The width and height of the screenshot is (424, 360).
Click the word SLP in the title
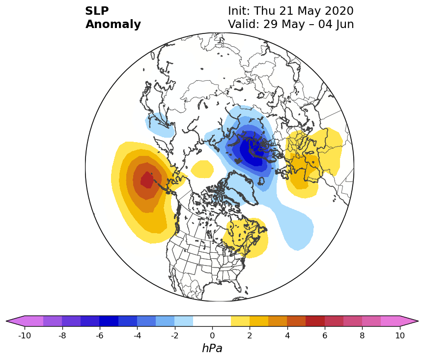point(97,11)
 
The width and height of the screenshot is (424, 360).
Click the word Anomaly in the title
point(113,25)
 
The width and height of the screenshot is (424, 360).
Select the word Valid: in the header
point(244,25)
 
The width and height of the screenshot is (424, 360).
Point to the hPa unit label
point(212,348)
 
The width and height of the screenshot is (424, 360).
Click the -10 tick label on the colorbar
point(25,335)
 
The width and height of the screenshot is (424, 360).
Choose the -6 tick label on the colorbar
point(100,335)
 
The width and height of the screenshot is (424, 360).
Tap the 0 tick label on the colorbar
point(212,335)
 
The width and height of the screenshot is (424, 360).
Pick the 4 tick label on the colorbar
point(287,335)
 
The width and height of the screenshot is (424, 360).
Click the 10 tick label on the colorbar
point(400,335)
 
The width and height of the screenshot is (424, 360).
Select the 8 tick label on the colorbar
point(363,335)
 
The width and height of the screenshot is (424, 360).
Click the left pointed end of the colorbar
point(6,321)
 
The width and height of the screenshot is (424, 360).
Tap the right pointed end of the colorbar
point(418,321)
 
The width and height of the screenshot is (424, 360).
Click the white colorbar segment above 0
point(212,321)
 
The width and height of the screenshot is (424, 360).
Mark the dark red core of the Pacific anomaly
point(147,180)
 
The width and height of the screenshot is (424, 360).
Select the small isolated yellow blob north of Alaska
point(202,169)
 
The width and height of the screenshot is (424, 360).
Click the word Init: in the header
point(239,11)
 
